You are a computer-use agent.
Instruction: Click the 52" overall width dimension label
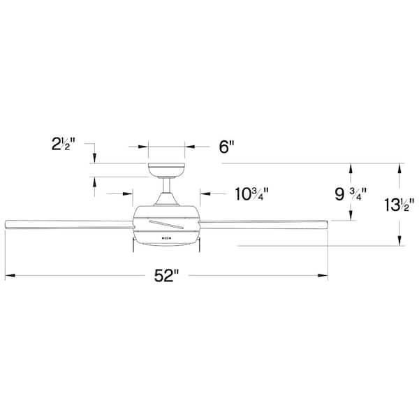(166, 276)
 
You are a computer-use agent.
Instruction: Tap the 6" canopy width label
(226, 147)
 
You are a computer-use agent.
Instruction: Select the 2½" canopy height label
(64, 145)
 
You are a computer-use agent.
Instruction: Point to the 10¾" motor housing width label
(251, 194)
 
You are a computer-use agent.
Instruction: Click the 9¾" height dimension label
(351, 194)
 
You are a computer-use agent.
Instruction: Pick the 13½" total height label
(399, 205)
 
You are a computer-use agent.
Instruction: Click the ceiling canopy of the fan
(166, 170)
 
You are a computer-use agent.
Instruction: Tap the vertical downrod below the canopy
(167, 186)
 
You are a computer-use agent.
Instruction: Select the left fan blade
(69, 224)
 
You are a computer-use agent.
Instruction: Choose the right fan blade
(263, 224)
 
